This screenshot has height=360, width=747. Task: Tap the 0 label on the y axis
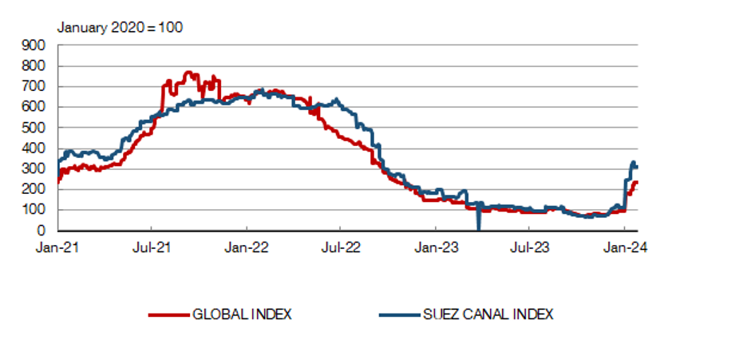coord(42,231)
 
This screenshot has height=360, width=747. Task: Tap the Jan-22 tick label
coord(247,247)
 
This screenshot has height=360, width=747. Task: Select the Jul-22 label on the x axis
coord(341,247)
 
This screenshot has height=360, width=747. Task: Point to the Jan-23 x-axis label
coord(436,247)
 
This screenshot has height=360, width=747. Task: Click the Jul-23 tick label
coord(530,247)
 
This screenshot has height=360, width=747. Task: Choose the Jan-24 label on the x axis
coord(625,247)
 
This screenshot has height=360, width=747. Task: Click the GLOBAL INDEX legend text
coord(242,315)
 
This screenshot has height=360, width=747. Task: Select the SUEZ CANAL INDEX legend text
coord(488,315)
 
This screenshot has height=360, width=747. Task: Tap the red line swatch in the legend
coord(168,315)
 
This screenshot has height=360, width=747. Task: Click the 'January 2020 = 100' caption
coord(120,28)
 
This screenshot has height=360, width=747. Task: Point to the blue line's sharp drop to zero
coord(477,227)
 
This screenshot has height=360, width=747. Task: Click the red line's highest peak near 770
coord(188,73)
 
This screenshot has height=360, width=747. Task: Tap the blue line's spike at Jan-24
coord(633,163)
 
